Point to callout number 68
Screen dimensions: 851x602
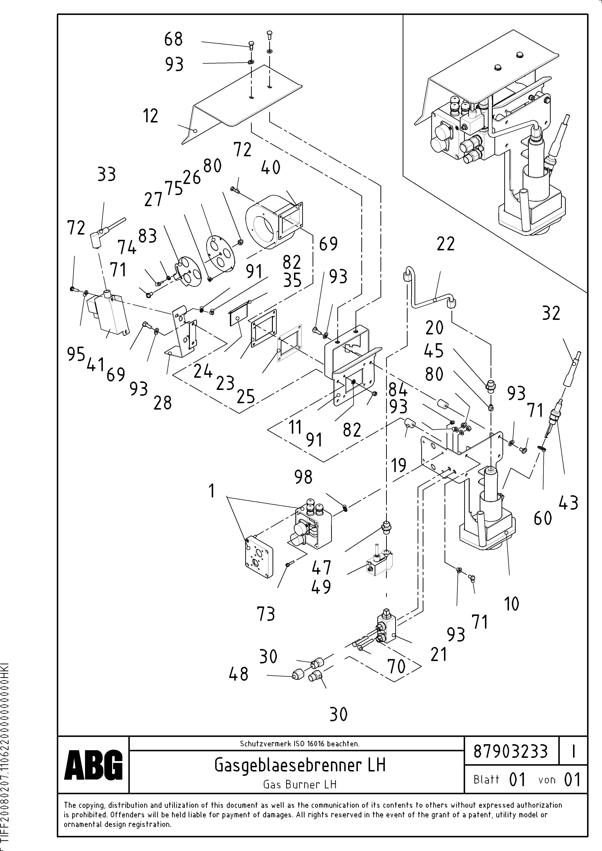point(174,39)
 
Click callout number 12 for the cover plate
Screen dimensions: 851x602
point(151,116)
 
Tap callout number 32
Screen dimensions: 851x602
point(551,313)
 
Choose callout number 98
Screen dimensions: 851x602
point(303,477)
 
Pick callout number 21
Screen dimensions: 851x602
point(439,654)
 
